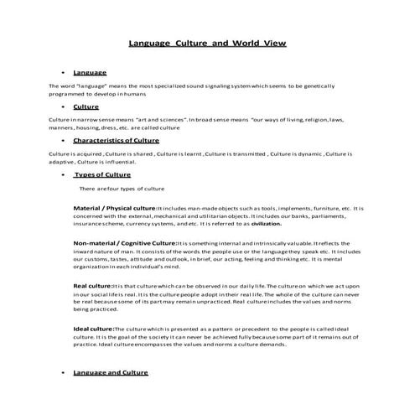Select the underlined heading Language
[90, 74]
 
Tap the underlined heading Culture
[86, 107]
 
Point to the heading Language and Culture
[112, 371]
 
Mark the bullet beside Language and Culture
[64, 371]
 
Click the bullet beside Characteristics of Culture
[64, 141]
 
